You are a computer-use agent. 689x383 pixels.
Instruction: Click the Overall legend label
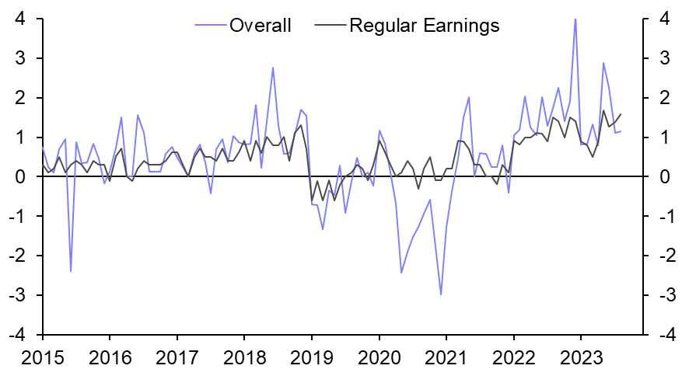(260, 26)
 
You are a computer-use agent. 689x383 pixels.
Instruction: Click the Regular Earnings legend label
(424, 26)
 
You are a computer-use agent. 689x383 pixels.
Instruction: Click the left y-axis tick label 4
(26, 19)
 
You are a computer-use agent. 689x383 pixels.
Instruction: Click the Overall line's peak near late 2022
(575, 19)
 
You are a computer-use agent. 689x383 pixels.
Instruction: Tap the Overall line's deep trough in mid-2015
(71, 271)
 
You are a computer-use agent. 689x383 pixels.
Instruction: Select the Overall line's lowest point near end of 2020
(441, 294)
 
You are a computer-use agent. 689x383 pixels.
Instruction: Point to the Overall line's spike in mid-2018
(273, 68)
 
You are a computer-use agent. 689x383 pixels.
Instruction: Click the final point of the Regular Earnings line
(621, 114)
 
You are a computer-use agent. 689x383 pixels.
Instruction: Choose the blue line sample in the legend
(210, 26)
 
